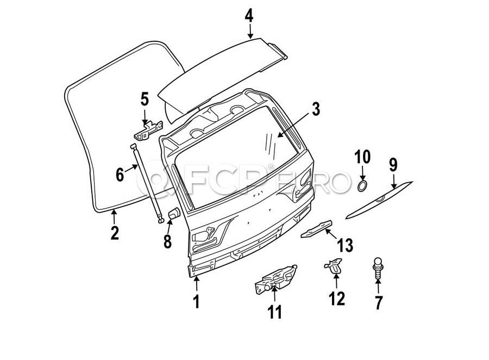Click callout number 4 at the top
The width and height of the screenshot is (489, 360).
(x=249, y=15)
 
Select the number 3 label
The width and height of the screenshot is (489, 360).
(x=315, y=109)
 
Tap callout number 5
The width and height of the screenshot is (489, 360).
(x=145, y=100)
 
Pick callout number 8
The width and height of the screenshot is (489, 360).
(x=167, y=240)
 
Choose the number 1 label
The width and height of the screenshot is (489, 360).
(x=196, y=301)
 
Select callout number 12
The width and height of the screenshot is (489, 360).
(x=336, y=299)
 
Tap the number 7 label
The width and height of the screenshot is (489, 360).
(x=379, y=302)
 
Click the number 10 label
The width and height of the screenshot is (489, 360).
(x=362, y=157)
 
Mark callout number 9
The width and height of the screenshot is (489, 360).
(x=393, y=164)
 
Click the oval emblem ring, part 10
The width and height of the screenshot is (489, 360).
(x=362, y=186)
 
